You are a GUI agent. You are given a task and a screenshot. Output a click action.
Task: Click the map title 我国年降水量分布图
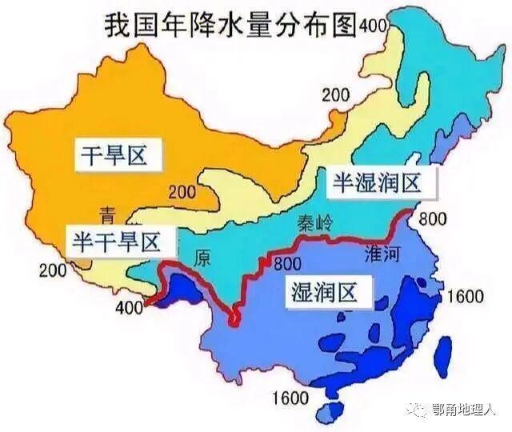pyautogui.click(x=230, y=26)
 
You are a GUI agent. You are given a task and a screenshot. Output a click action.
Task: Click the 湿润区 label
pyautogui.click(x=324, y=292)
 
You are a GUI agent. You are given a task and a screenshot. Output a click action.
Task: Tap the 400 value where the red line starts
pyautogui.click(x=130, y=307)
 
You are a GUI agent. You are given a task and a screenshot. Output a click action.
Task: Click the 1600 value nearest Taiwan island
pyautogui.click(x=466, y=297)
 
